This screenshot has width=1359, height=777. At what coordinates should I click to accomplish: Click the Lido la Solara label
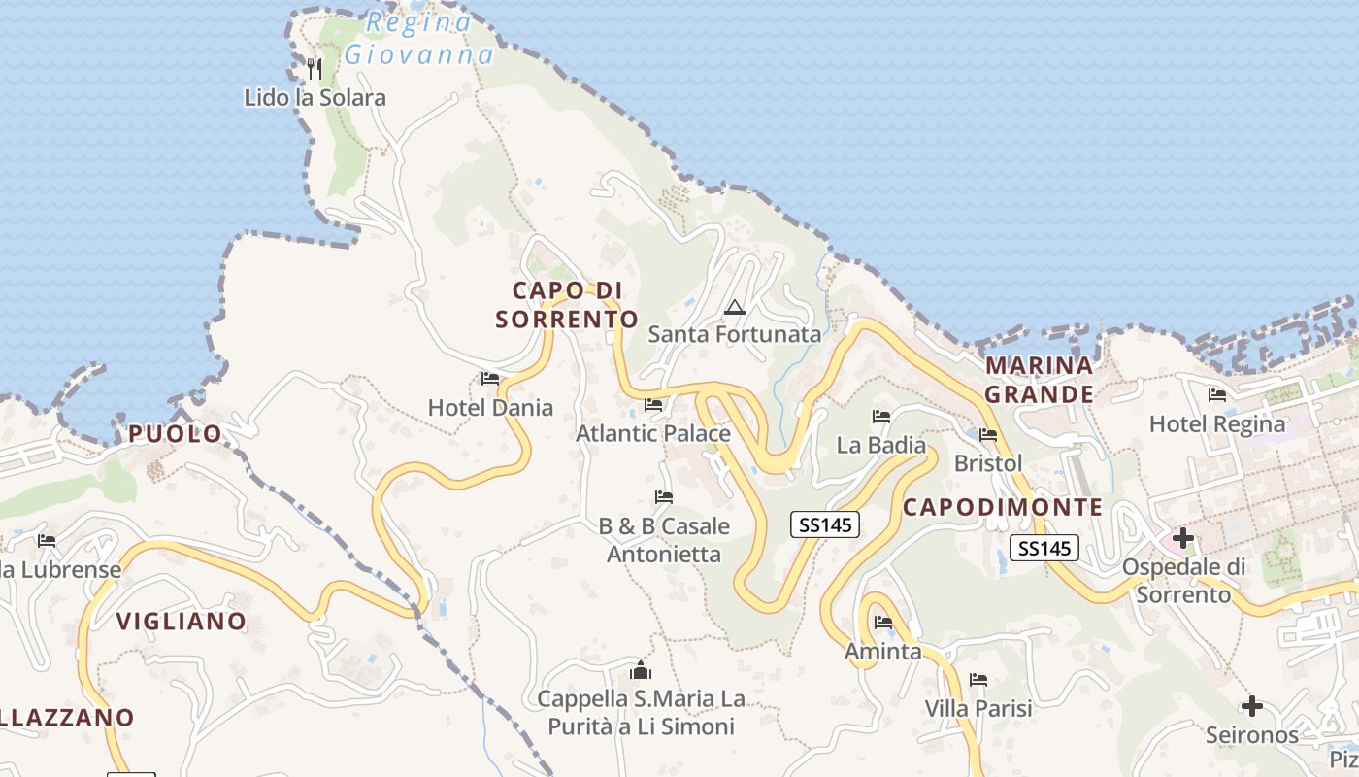point(315,98)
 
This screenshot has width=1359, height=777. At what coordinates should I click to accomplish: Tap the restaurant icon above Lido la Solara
point(314,68)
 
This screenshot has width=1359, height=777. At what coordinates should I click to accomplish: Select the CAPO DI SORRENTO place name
point(567,304)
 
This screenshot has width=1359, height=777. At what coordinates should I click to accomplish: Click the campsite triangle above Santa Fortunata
point(735,308)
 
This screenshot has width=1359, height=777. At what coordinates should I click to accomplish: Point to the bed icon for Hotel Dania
point(490,379)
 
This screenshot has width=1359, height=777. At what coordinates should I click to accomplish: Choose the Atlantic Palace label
point(653,433)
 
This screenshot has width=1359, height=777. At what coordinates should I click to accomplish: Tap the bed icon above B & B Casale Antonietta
point(664,497)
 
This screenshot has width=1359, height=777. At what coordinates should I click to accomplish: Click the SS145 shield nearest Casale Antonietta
point(825,524)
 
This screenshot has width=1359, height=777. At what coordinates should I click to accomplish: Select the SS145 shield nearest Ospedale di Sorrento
point(1044,548)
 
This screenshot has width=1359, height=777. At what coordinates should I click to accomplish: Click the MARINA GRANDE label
point(1040,380)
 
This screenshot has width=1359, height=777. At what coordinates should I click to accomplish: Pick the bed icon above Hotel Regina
point(1216,395)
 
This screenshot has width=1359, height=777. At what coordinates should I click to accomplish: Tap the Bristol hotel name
point(988,463)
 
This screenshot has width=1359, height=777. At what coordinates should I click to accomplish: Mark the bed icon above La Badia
point(881,417)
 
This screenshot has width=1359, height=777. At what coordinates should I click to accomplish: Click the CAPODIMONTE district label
point(1003,507)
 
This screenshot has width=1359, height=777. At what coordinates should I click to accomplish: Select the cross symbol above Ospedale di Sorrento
point(1183,537)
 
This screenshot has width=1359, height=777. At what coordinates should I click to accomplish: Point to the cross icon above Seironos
point(1252,705)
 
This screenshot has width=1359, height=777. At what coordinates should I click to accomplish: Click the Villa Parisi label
point(978,709)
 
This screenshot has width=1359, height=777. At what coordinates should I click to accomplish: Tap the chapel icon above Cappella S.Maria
point(641,670)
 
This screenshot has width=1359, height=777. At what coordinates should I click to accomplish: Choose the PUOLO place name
point(176,434)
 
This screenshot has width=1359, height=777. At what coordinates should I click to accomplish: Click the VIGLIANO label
point(182,622)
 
